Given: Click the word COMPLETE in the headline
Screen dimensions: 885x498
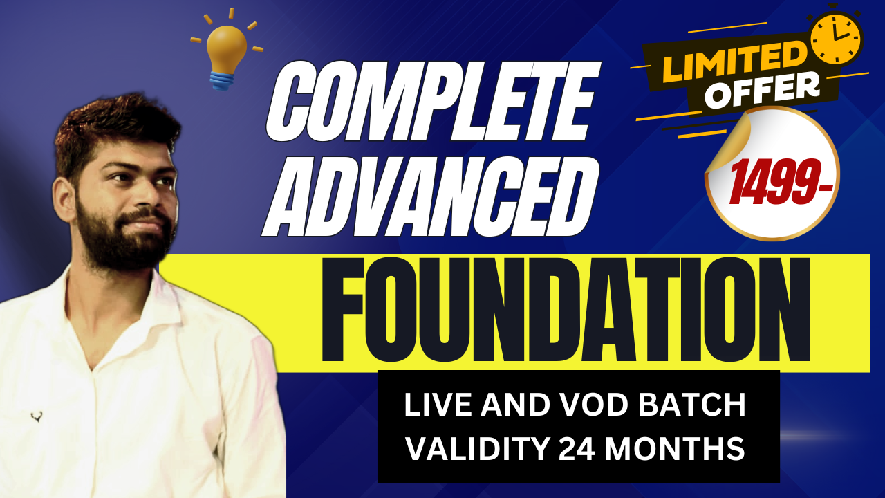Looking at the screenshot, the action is point(434,101).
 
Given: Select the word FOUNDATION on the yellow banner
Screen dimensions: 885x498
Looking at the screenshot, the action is point(566,309).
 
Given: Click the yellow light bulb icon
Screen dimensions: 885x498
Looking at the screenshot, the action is point(226,49).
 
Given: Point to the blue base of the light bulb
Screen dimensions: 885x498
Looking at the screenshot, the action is point(223,80).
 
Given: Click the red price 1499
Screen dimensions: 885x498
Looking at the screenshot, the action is point(781,182).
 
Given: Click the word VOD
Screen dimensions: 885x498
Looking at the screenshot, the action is point(595,405).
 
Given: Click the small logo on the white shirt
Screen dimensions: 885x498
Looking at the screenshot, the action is point(37,416).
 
